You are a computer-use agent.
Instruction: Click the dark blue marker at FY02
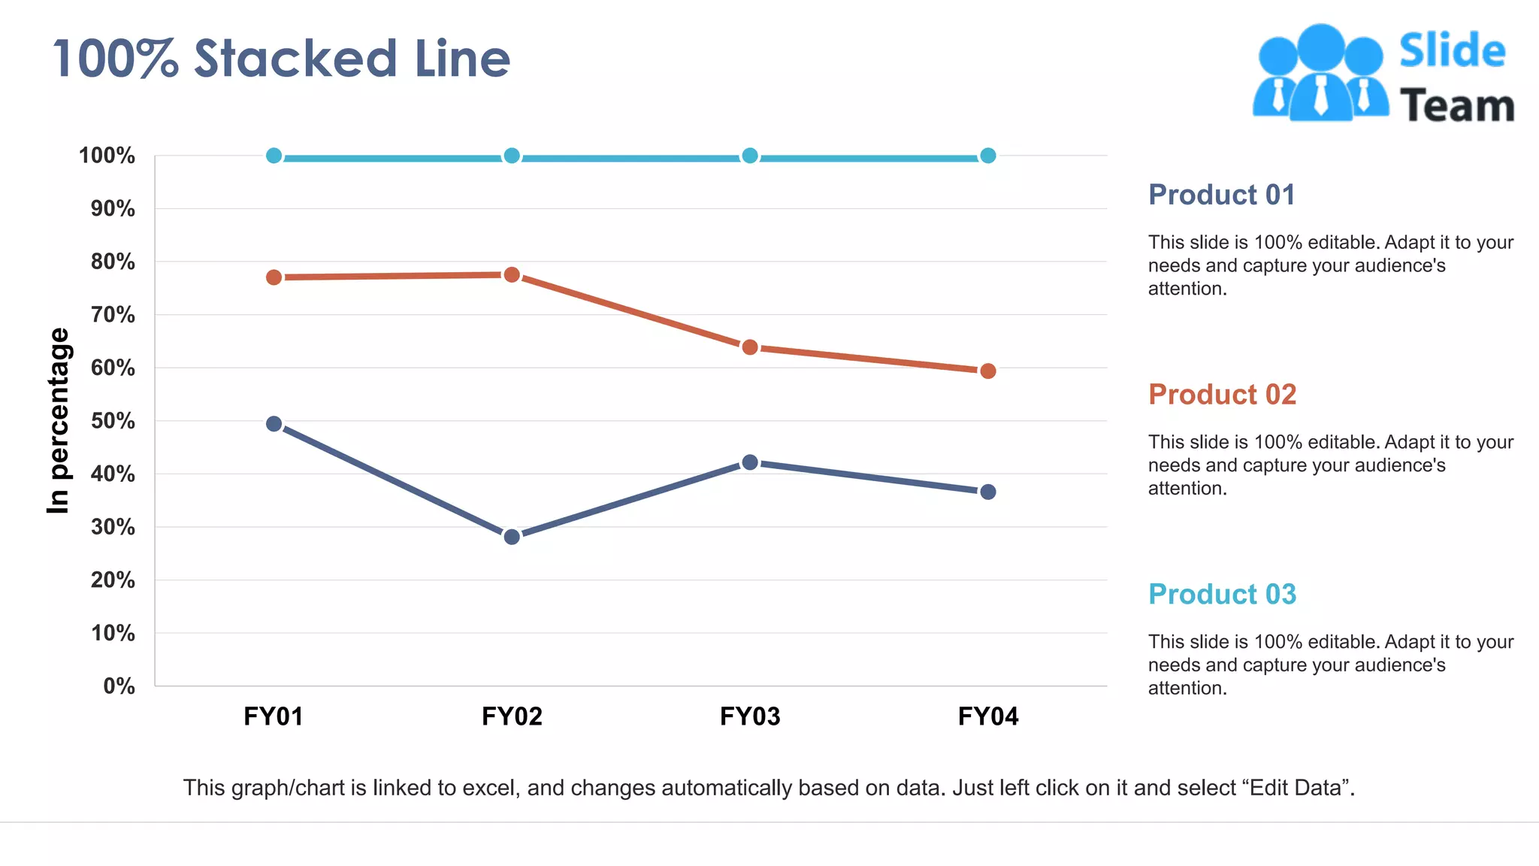512,537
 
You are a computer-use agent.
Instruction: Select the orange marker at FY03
750,347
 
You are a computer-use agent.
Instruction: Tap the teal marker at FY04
988,156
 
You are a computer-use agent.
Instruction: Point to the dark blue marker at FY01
274,424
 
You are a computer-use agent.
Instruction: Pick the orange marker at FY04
988,371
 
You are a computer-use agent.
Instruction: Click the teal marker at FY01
274,156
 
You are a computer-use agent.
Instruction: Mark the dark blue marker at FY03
750,462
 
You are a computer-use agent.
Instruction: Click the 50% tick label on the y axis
113,421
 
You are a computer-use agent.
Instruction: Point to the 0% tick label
119,686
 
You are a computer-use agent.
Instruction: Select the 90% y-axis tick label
113,209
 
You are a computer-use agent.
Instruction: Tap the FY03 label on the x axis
750,716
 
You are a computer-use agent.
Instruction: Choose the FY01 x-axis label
274,716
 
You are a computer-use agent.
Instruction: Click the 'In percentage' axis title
58,421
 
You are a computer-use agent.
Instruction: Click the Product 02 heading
1222,395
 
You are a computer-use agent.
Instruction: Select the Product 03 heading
1222,595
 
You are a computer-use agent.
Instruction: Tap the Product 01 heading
1222,195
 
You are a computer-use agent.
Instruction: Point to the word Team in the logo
1456,106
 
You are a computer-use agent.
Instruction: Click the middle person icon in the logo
1320,71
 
